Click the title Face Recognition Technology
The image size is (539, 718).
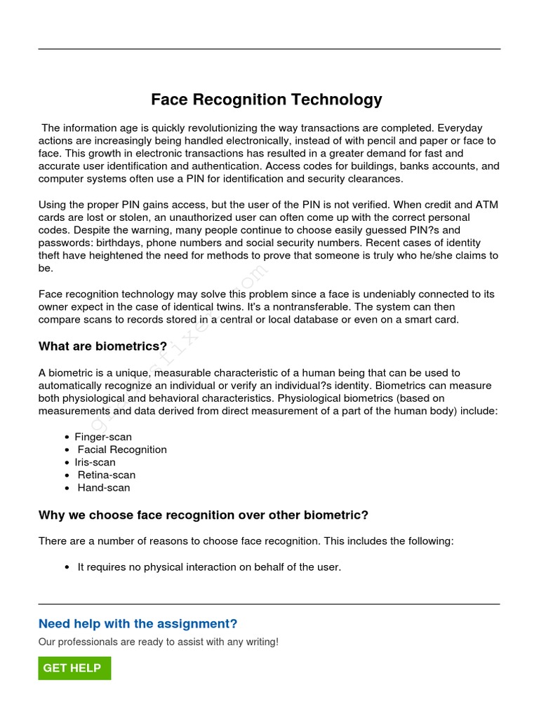point(266,100)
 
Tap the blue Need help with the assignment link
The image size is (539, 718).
point(138,624)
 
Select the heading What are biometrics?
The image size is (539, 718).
point(102,346)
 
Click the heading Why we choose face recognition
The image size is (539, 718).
point(203,515)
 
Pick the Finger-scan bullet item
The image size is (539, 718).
point(103,437)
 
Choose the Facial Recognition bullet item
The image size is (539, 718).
point(122,449)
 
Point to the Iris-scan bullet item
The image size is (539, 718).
point(95,462)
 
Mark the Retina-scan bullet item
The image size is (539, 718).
point(107,475)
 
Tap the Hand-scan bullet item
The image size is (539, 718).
point(104,487)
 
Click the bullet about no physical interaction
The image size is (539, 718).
point(209,567)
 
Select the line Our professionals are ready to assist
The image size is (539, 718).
point(158,642)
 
